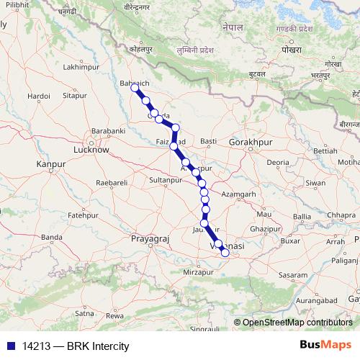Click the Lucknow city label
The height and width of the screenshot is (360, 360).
coord(91,150)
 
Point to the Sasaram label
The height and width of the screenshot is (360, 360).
coord(293,276)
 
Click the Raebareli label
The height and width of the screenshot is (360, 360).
coord(111,184)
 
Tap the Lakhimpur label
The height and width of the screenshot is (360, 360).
coord(80,67)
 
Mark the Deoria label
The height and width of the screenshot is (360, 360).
coord(277,163)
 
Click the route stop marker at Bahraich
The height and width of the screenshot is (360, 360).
coord(135,87)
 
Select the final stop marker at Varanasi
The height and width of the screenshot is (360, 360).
coord(225,252)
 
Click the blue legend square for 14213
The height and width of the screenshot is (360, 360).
coord(8,345)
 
